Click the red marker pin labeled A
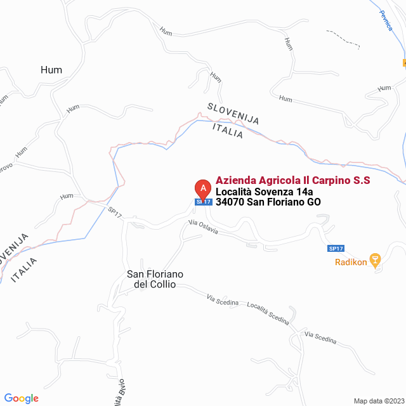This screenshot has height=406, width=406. coord(202,188)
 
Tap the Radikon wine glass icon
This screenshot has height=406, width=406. coord(375,259)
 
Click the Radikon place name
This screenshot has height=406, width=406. coord(351,263)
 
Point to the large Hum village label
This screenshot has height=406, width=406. coord(51,70)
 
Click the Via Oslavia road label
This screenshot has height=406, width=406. coord(203,226)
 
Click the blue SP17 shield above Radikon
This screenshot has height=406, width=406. coord(336,248)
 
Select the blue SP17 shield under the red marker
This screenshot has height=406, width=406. coord(203,202)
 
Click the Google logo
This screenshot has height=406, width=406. coord(21,398)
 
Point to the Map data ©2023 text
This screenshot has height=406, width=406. coord(378,401)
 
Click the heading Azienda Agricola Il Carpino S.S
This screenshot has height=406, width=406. coord(292,181)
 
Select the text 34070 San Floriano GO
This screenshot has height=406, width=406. coord(268,202)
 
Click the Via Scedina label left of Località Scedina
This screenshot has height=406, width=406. coord(223,299)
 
